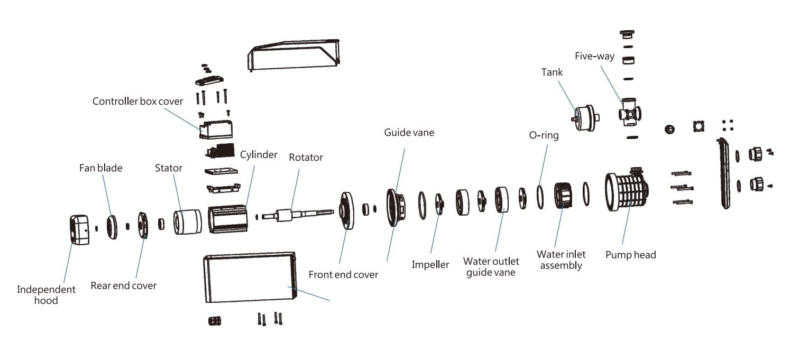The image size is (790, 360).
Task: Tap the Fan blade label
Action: click(x=100, y=168)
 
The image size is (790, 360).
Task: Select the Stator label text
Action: click(x=169, y=168)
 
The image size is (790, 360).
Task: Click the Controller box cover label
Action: click(x=137, y=101)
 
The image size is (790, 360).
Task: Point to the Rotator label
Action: click(x=306, y=157)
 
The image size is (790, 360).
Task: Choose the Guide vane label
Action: click(x=409, y=132)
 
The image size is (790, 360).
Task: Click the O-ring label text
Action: click(x=544, y=135)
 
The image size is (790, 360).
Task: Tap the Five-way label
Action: click(x=594, y=56)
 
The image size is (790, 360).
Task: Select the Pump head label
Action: click(x=630, y=255)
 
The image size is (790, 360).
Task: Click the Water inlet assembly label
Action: click(x=561, y=260)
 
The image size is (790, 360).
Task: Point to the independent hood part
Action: click(x=79, y=229)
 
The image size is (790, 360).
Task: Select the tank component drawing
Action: click(x=585, y=115)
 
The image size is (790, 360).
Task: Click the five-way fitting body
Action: click(x=629, y=114)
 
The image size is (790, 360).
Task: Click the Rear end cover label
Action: click(x=124, y=285)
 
